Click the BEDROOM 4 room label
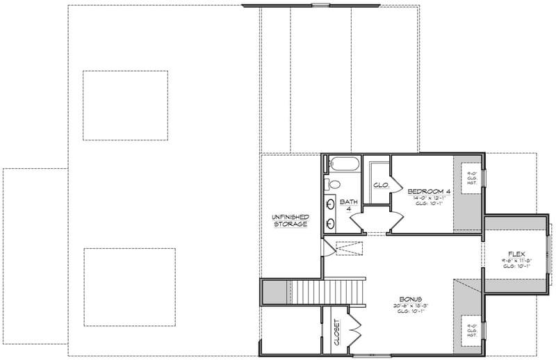pyautogui.click(x=430, y=191)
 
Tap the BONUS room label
pyautogui.click(x=410, y=299)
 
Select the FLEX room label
pyautogui.click(x=516, y=253)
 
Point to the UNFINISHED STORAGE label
pyautogui.click(x=290, y=220)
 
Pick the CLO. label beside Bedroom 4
pyautogui.click(x=380, y=185)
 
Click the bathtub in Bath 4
pyautogui.click(x=343, y=165)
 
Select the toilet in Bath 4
pyautogui.click(x=332, y=185)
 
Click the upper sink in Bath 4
pyautogui.click(x=330, y=204)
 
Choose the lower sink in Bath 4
pyautogui.click(x=330, y=223)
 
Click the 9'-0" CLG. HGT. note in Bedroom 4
pyautogui.click(x=470, y=177)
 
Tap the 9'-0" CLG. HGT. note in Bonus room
pyautogui.click(x=470, y=330)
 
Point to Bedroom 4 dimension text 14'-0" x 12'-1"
pyautogui.click(x=430, y=197)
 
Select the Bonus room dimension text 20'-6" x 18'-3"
pyautogui.click(x=410, y=306)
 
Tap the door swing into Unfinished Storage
pyautogui.click(x=328, y=247)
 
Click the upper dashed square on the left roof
pyautogui.click(x=124, y=105)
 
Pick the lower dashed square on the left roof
pyautogui.click(x=129, y=286)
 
